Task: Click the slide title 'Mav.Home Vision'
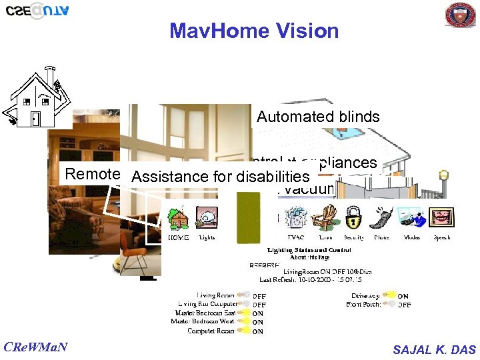(x=253, y=31)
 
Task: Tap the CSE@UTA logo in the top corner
(x=37, y=11)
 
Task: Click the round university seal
(x=460, y=15)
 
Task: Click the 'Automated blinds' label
(x=318, y=117)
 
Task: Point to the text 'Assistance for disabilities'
(x=221, y=177)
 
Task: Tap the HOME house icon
(x=178, y=219)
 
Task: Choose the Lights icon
(x=206, y=219)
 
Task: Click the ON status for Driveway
(x=403, y=296)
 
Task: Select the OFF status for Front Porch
(x=404, y=305)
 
